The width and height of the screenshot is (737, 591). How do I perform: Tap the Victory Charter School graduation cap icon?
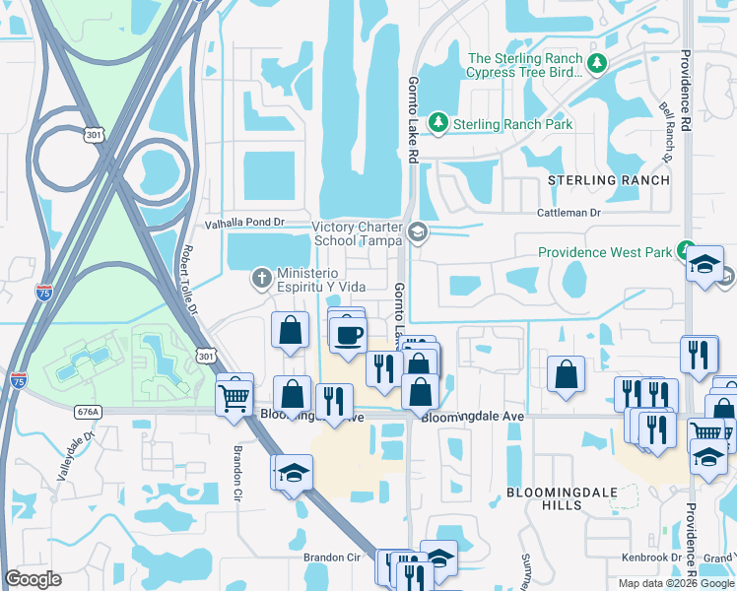click(418, 233)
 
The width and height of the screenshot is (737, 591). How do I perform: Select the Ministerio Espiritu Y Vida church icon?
click(261, 279)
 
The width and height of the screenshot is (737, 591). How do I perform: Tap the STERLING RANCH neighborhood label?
click(609, 180)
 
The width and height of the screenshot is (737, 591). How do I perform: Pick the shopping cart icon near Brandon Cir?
click(234, 397)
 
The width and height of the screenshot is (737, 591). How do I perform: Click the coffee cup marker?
click(347, 334)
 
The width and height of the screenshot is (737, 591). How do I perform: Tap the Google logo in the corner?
click(33, 579)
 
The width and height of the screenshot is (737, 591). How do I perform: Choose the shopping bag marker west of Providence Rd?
click(566, 374)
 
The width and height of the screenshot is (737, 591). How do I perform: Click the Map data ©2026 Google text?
click(675, 583)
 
